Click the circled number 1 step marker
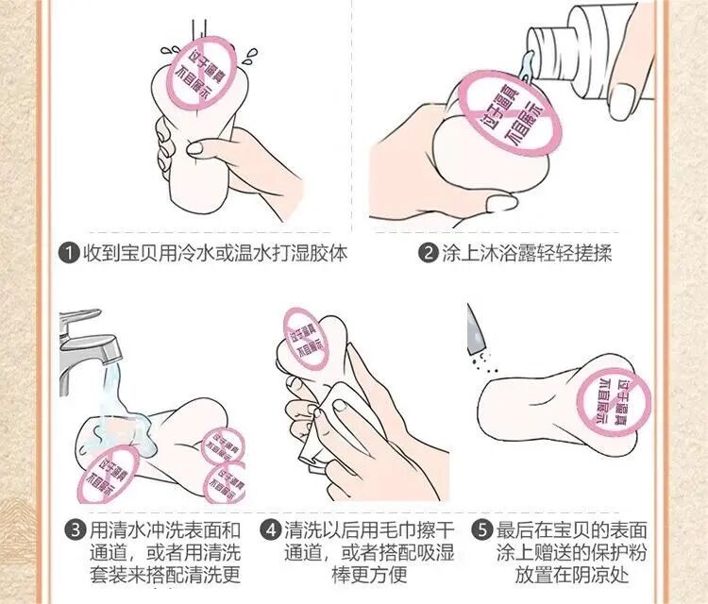pos(69,252)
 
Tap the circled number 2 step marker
pos(428,252)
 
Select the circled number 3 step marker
pos(76,529)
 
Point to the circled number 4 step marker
pos(270,529)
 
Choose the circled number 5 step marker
pos(481,529)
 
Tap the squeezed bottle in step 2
pos(587,54)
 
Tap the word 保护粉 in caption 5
pos(618,552)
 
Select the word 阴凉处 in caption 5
pos(600,575)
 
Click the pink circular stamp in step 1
pos(202,73)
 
